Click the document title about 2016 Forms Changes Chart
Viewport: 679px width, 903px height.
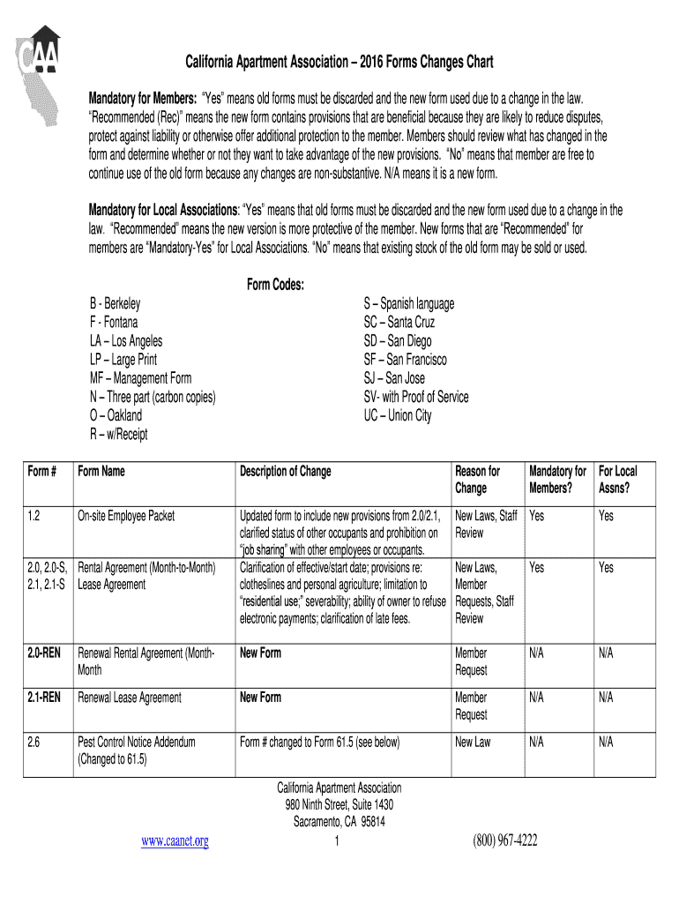[x=339, y=63]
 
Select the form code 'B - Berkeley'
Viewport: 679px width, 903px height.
[x=115, y=303]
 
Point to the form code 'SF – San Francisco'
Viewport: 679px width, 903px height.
[x=405, y=360]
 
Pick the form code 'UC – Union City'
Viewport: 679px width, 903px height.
[x=397, y=415]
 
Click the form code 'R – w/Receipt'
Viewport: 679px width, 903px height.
[x=118, y=434]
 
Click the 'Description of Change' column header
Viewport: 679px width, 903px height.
[x=285, y=472]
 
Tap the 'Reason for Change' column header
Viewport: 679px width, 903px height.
[x=477, y=480]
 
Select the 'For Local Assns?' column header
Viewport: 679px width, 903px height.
[x=616, y=480]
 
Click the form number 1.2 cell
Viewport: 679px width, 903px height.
[x=34, y=516]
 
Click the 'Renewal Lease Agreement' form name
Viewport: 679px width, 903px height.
[x=130, y=698]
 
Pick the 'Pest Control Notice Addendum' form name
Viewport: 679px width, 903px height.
[x=137, y=743]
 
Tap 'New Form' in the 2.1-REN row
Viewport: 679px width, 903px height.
[x=260, y=698]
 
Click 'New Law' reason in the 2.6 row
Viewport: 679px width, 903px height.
[x=473, y=743]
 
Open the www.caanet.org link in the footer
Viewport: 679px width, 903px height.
[x=175, y=841]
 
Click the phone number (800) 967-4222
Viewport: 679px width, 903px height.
[x=504, y=841]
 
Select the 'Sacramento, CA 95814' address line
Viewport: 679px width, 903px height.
[x=339, y=822]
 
